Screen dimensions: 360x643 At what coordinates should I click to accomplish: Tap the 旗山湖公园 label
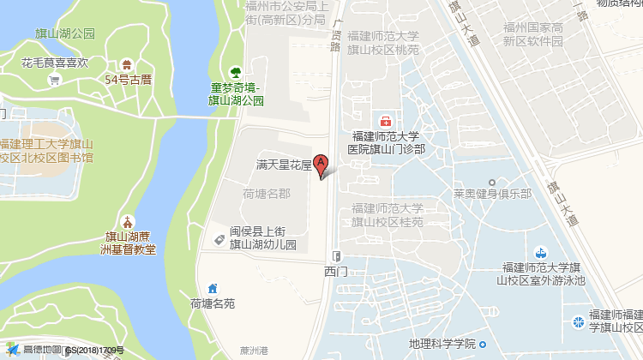(x=59, y=34)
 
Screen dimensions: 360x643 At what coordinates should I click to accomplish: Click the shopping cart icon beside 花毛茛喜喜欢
(x=54, y=81)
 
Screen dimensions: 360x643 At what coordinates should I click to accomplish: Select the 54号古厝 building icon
(x=128, y=64)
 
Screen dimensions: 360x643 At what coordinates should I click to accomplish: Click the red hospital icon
(x=386, y=121)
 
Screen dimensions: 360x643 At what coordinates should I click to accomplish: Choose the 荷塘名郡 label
(x=267, y=194)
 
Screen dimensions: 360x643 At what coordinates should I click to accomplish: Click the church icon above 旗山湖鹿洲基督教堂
(x=128, y=221)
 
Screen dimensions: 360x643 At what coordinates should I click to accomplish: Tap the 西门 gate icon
(x=336, y=255)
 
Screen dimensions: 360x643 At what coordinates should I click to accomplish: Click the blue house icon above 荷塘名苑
(x=212, y=288)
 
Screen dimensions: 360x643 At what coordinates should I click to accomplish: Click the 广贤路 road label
(x=336, y=35)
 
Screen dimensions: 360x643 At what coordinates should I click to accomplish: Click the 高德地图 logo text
(x=41, y=350)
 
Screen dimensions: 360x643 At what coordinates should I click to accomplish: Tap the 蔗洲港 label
(x=255, y=350)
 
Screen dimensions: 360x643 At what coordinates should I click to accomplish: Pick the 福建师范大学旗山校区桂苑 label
(x=386, y=215)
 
